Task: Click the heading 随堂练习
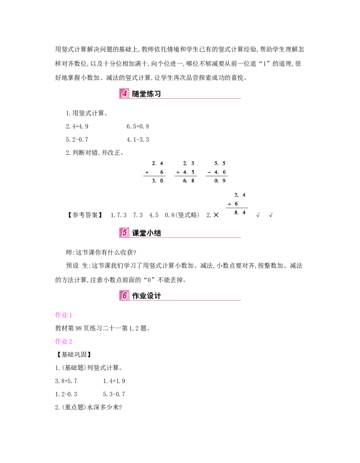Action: [146, 94]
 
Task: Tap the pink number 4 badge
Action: [124, 94]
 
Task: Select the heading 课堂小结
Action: [146, 233]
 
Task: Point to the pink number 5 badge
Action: [124, 233]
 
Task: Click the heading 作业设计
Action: [146, 296]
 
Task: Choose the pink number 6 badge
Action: [124, 296]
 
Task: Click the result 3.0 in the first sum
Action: [157, 181]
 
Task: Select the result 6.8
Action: [189, 181]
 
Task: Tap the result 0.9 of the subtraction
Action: [220, 181]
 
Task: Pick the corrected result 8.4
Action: [241, 213]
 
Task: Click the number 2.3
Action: [189, 163]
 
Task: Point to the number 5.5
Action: [220, 163]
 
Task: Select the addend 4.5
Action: [189, 172]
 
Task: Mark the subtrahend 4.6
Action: [220, 172]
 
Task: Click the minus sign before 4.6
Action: [209, 172]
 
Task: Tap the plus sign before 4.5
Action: [178, 172]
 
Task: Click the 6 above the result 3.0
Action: [162, 172]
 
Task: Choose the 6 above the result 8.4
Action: [236, 204]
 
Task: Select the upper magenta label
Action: [63, 316]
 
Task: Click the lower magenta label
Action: [64, 341]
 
